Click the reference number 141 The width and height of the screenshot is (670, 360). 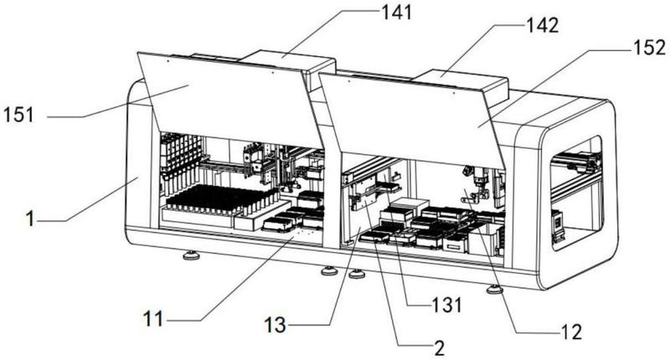click(x=396, y=12)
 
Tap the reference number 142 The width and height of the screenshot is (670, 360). click(x=542, y=26)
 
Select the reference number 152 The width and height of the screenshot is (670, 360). click(x=650, y=47)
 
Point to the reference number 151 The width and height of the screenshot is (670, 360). click(x=18, y=115)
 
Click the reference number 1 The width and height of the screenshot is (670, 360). click(x=29, y=219)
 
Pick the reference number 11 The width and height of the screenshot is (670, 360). click(x=152, y=319)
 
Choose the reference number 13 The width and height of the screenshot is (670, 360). click(x=275, y=325)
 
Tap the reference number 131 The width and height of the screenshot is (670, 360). click(x=446, y=306)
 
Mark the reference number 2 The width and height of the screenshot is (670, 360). click(x=439, y=348)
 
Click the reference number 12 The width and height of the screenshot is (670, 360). click(x=571, y=332)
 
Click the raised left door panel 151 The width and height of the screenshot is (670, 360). click(x=229, y=100)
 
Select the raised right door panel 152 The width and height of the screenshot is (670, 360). click(x=412, y=121)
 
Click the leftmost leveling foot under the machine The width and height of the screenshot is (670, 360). click(x=191, y=255)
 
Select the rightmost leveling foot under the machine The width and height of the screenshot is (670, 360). click(x=494, y=289)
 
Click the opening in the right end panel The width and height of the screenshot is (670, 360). click(x=576, y=193)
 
